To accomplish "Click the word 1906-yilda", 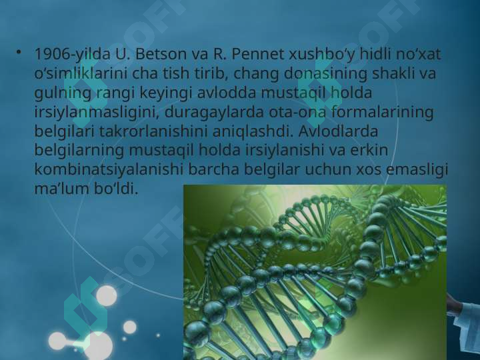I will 67,53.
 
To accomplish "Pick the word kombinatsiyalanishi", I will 108,169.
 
